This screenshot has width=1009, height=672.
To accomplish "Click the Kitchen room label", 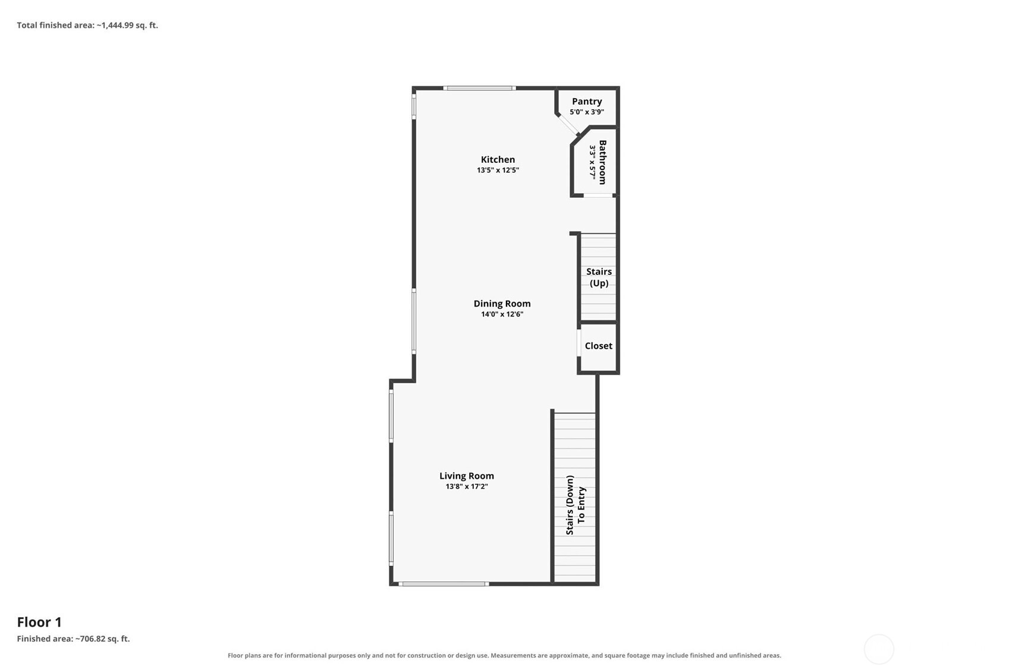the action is coord(498,159).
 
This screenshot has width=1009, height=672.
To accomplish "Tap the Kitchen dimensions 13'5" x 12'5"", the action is coord(498,170).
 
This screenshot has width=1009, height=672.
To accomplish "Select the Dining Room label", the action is coord(502,304).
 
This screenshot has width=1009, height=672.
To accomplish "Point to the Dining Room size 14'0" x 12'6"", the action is coord(502,314).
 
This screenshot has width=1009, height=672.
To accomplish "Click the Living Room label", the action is coord(467,476).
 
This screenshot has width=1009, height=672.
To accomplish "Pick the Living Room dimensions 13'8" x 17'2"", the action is coord(467,487).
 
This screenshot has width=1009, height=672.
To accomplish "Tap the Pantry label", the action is coord(587,102).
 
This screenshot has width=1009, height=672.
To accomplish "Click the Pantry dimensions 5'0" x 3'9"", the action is coord(587,112).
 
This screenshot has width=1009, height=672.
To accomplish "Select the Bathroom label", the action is coord(602,162).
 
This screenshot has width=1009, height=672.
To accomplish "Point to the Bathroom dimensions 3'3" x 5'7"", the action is coord(593,162).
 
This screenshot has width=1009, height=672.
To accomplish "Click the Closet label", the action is coord(599,346).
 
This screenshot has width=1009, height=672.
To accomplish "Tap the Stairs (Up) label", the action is coord(599,277).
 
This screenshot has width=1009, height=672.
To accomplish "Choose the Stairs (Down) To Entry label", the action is coord(576,505).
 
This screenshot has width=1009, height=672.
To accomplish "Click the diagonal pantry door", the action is coord(568,124).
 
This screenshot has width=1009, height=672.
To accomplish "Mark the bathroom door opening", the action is coord(598,195).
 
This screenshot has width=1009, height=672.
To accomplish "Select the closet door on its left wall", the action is coord(579,343).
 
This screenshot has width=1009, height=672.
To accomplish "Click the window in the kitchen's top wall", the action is coord(479,88).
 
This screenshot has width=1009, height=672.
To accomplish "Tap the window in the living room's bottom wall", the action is coord(444,584).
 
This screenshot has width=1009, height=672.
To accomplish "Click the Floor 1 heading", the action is coord(39,622).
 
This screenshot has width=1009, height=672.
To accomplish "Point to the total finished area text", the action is coord(87,25).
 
